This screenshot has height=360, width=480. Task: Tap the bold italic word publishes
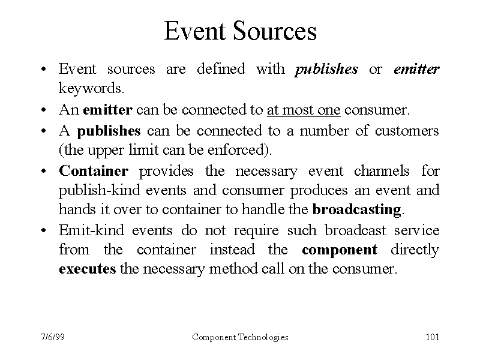[326, 70]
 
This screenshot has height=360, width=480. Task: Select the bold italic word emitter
[416, 69]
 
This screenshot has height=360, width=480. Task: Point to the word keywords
[91, 88]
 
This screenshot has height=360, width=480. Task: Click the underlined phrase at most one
[304, 110]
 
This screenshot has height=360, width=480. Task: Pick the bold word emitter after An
[108, 110]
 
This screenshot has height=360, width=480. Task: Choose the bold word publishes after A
[109, 131]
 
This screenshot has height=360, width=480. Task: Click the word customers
[407, 131]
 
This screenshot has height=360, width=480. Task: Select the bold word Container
[94, 170]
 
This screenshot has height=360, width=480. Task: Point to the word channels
[382, 170]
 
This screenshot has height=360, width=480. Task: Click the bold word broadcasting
[356, 209]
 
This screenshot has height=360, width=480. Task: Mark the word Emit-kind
[92, 230]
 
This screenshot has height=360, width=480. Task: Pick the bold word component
[340, 250]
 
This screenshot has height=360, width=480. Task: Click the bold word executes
[88, 269]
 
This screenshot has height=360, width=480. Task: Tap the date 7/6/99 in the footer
[53, 337]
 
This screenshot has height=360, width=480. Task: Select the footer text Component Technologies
[241, 337]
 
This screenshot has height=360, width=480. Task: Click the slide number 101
[433, 337]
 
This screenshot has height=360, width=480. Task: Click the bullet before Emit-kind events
[44, 230]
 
